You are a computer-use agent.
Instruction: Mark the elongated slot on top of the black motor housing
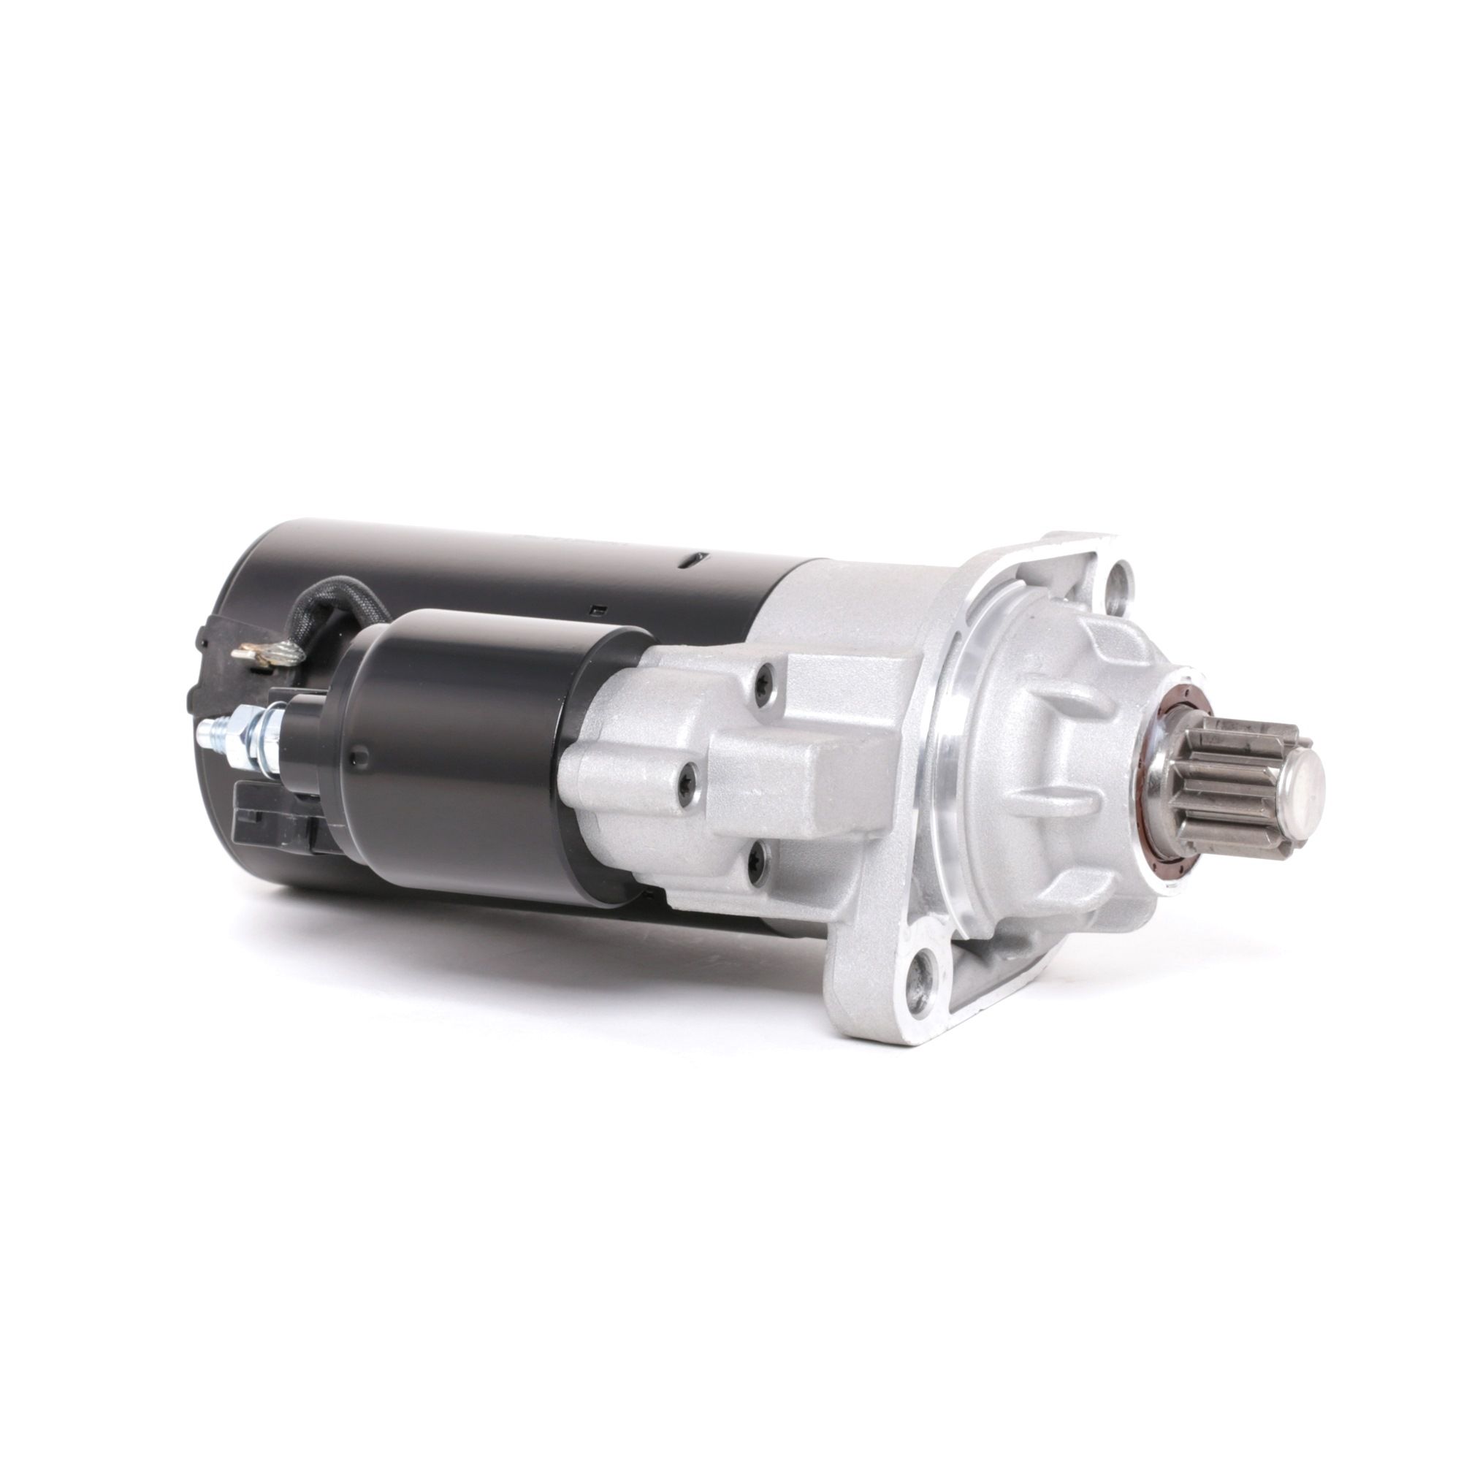694,560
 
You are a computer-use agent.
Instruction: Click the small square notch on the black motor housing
598,609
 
